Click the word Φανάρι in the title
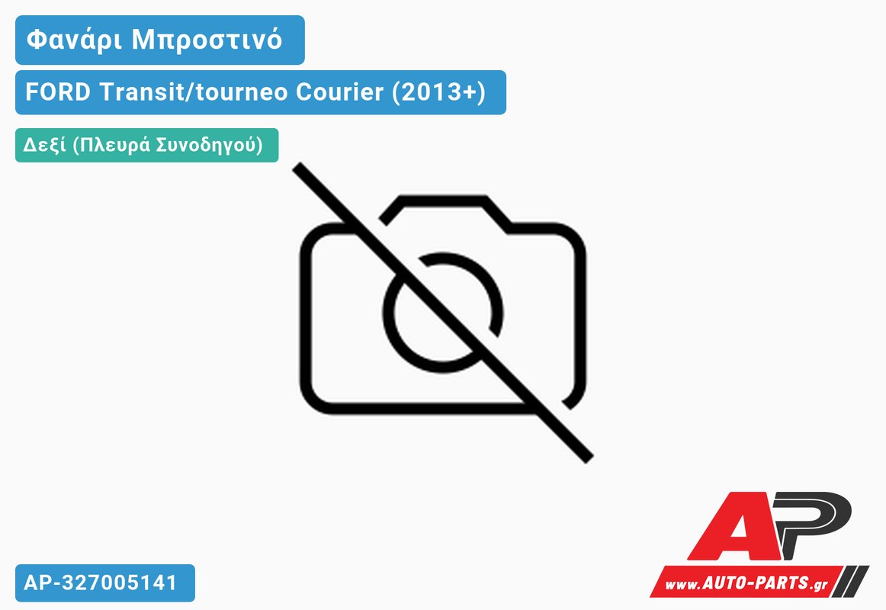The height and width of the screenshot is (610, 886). [74, 40]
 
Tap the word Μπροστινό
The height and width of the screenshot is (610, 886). [207, 40]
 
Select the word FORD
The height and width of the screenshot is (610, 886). [58, 91]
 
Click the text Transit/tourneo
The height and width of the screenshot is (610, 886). [194, 91]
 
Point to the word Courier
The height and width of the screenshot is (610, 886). [339, 91]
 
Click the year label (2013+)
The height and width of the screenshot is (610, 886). [438, 92]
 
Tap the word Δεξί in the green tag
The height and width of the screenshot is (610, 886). [44, 145]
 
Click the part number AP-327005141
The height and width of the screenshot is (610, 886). [101, 583]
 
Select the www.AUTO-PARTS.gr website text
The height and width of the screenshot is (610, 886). [746, 583]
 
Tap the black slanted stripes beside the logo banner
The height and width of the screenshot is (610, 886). [852, 580]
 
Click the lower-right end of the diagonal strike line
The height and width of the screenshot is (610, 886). [589, 458]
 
